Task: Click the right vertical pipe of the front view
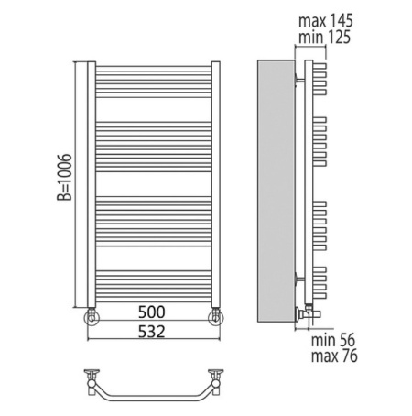point(216,183)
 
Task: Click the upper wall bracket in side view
point(299,81)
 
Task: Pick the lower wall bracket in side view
point(299,276)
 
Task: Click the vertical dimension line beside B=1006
point(74,183)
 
